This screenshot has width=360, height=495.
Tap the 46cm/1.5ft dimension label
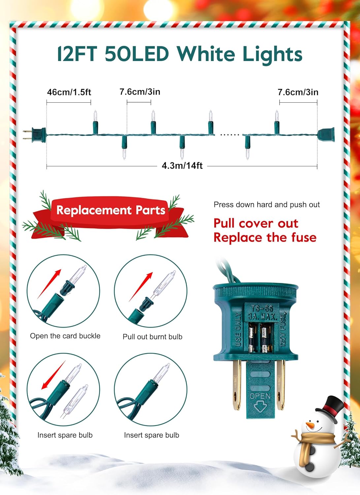[x=69, y=92]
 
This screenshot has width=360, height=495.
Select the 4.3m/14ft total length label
[x=182, y=166]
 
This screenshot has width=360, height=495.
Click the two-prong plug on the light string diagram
[x=34, y=135]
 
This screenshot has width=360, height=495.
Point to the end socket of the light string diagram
[x=326, y=135]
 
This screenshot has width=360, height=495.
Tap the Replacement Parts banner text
[x=111, y=210]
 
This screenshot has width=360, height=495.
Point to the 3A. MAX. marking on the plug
[x=262, y=317]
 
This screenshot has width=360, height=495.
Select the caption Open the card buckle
[x=65, y=336]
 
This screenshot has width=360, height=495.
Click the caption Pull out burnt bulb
[x=152, y=337]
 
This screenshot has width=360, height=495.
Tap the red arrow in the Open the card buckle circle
[x=49, y=284]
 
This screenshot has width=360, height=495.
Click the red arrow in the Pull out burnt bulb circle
[x=141, y=287]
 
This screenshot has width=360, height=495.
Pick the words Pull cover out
[x=256, y=223]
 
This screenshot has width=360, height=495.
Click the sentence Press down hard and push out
[x=267, y=205]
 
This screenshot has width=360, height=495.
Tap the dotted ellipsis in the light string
[x=230, y=134]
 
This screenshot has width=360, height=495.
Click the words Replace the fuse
[x=265, y=238]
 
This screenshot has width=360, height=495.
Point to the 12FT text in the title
[x=77, y=54]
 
